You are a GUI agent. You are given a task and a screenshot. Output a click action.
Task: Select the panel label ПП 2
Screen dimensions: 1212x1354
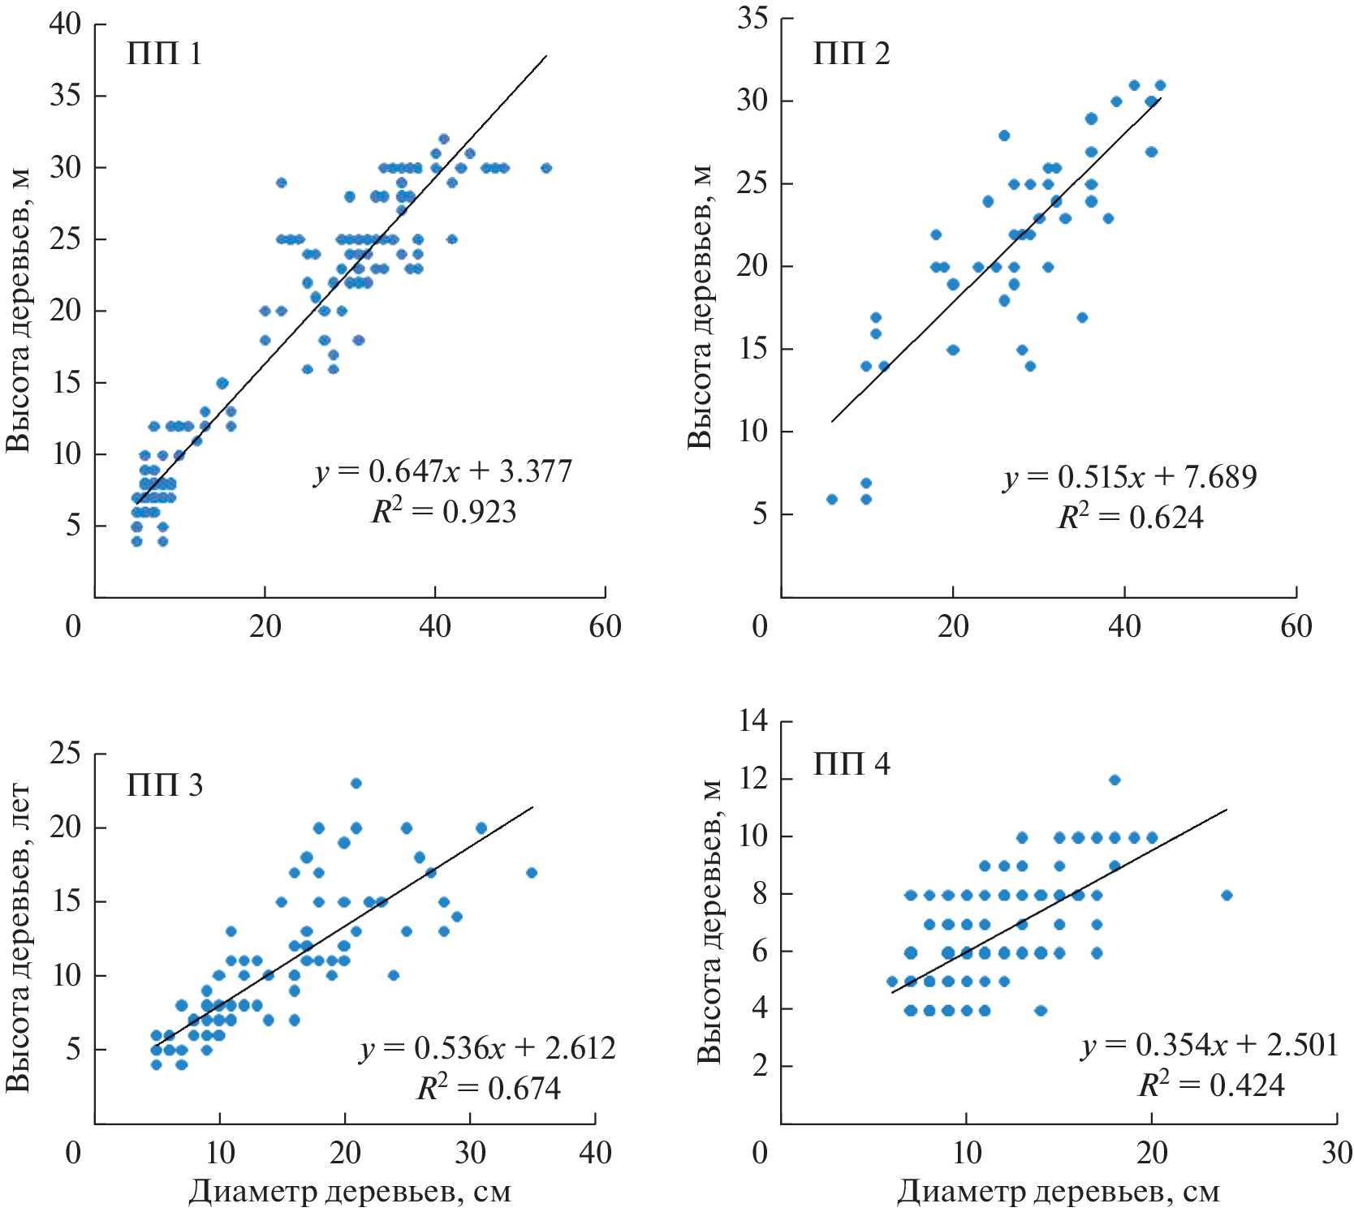tap(852, 54)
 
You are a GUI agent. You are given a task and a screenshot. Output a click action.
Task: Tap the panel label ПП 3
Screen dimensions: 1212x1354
tap(164, 785)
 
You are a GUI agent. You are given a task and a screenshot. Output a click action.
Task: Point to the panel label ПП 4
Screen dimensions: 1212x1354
tap(852, 764)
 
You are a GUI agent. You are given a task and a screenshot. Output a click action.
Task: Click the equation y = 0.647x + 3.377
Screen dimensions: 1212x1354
tap(443, 471)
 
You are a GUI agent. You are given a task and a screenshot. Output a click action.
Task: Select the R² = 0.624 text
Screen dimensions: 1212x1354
tap(1130, 517)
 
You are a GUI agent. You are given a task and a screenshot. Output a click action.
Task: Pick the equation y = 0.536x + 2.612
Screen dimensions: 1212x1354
tap(488, 1048)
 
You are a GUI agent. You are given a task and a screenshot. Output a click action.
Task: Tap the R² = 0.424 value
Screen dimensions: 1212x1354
tap(1211, 1085)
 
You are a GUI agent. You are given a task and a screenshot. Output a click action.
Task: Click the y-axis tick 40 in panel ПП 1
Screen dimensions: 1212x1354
tap(66, 24)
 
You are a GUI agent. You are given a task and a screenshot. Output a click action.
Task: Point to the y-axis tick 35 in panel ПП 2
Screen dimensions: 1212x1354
tap(752, 18)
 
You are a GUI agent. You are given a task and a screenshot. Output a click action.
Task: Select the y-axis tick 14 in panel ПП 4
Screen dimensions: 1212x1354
tap(752, 720)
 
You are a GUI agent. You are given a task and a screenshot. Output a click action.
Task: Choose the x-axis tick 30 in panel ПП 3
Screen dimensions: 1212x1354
tap(470, 1152)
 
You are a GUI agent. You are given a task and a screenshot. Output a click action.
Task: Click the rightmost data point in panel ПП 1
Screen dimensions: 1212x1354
tap(546, 168)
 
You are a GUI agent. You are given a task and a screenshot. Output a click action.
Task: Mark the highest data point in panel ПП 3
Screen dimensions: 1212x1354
tap(356, 783)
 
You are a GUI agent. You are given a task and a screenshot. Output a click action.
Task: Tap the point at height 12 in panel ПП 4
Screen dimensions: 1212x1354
tap(1115, 780)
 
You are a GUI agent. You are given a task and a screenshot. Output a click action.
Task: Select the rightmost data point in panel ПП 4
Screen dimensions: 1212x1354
tap(1227, 895)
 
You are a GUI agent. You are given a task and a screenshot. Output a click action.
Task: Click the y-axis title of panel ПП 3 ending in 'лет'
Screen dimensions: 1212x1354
tap(18, 938)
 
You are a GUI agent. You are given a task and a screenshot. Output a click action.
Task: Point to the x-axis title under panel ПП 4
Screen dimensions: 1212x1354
tap(1058, 1191)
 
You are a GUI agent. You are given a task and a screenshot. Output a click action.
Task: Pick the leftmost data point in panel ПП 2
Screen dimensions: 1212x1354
tap(832, 499)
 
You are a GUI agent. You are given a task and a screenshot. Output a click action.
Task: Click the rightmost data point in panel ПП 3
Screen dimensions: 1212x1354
tap(532, 873)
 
